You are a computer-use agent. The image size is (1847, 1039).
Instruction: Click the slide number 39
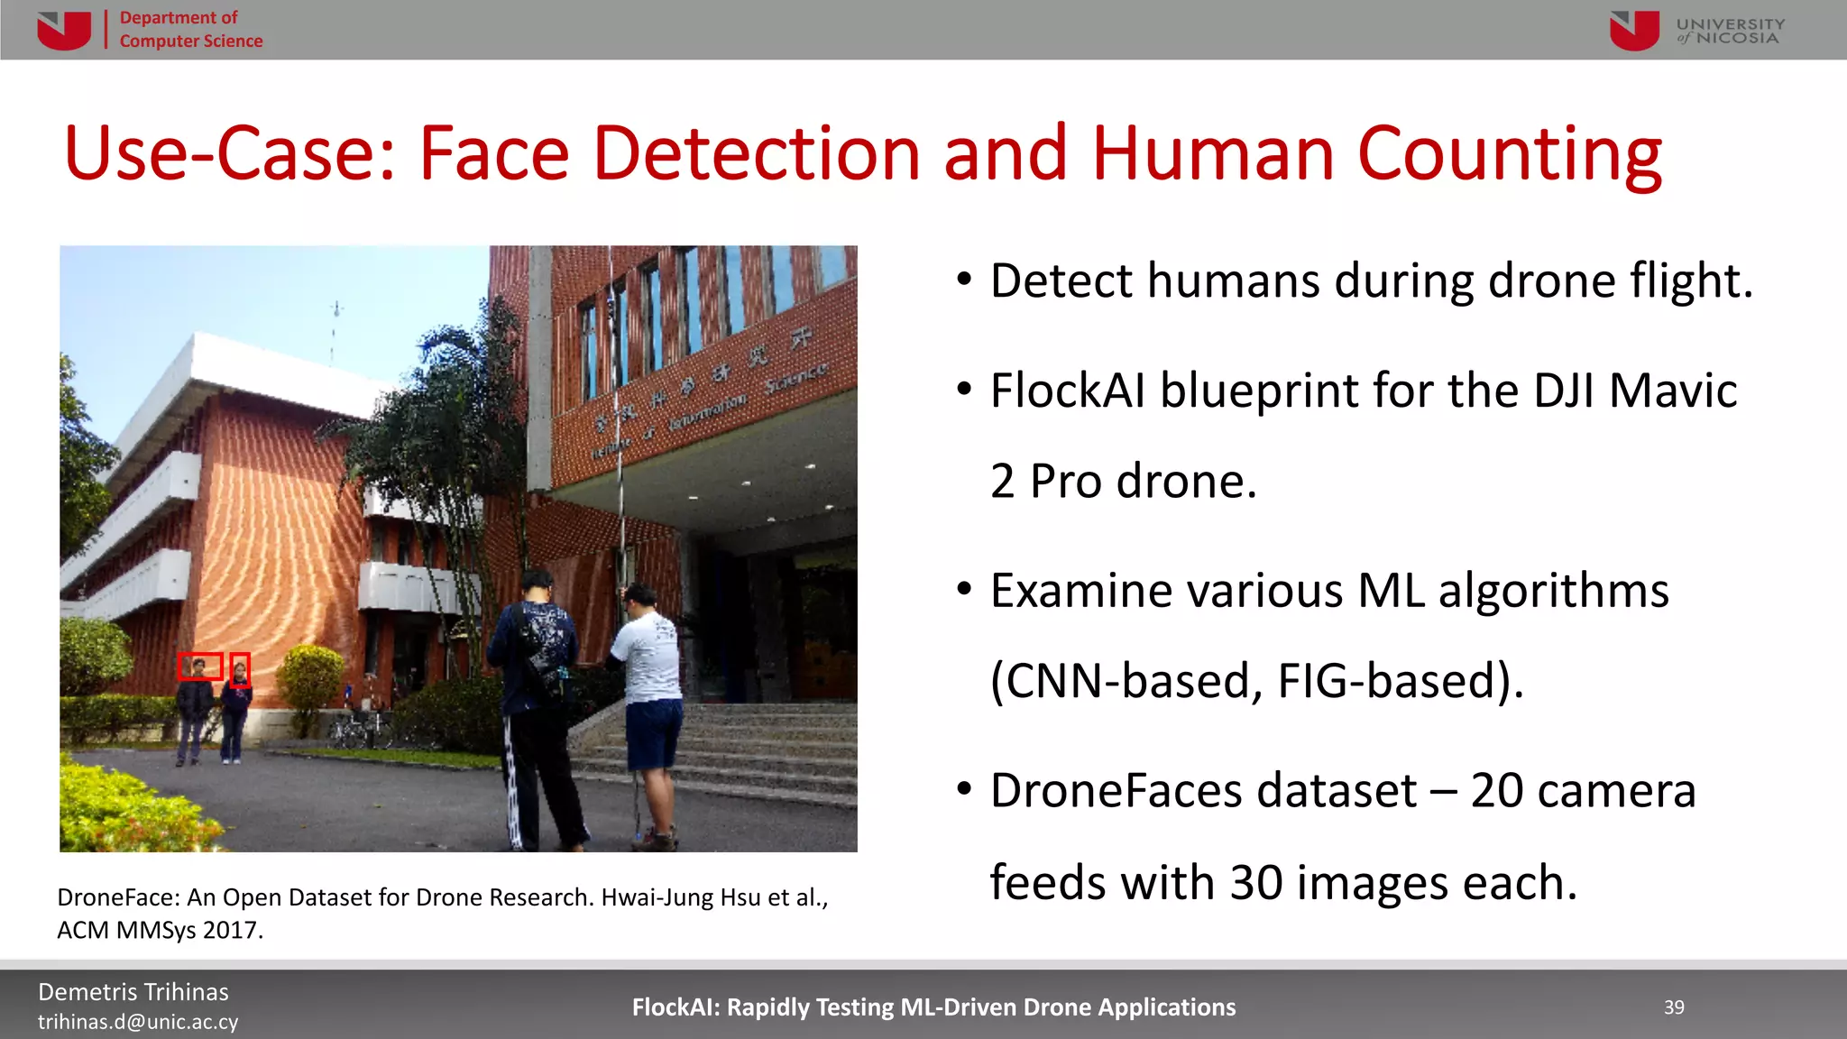(x=1674, y=1007)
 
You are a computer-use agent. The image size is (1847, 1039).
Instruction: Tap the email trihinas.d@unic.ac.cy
(x=138, y=1022)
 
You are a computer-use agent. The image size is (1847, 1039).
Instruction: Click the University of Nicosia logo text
(x=1730, y=31)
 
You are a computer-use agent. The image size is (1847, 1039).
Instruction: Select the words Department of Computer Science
(x=190, y=30)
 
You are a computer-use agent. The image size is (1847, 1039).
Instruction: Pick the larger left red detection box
(x=199, y=667)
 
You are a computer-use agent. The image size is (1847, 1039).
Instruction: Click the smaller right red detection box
(x=240, y=670)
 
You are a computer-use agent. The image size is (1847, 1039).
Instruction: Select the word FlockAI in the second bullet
(x=1067, y=391)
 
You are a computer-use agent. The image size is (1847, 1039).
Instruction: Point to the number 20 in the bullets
(x=1497, y=791)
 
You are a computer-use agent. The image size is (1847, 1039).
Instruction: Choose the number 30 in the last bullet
(x=1256, y=882)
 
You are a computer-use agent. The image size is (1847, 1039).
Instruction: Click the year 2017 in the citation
(x=231, y=930)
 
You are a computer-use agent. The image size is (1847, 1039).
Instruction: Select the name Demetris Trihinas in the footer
(x=133, y=992)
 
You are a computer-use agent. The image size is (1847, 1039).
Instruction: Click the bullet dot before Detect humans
(x=964, y=280)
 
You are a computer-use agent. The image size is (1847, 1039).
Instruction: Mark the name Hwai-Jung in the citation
(x=657, y=897)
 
